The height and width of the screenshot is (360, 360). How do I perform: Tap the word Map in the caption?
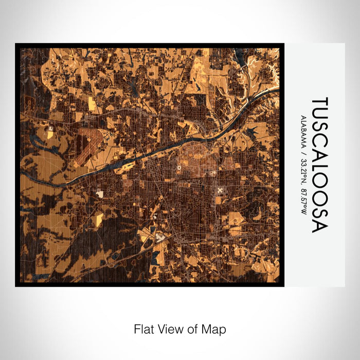[x=215, y=329]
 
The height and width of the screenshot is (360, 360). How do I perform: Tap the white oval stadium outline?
[x=179, y=167]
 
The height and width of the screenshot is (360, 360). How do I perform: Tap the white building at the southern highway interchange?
[x=160, y=237]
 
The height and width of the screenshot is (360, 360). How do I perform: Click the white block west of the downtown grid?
[x=100, y=194]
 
